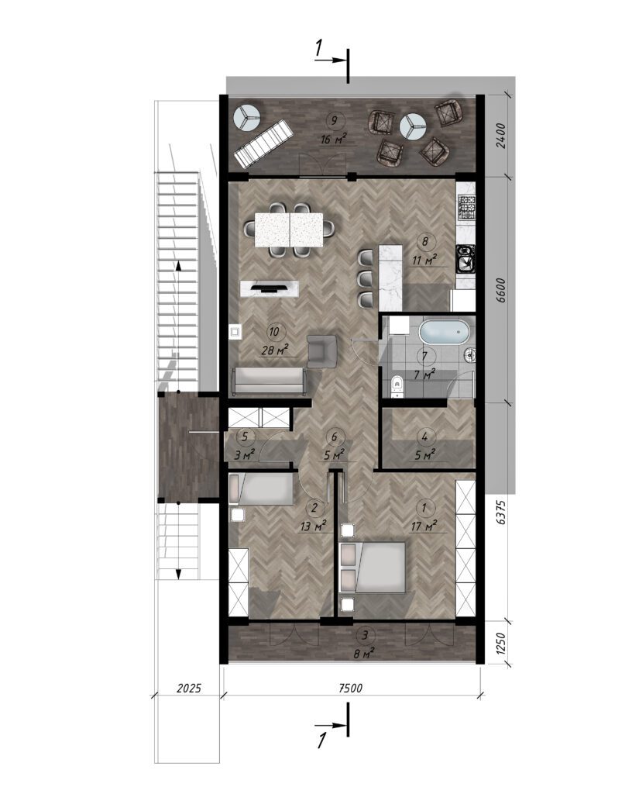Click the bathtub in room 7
(x=444, y=332)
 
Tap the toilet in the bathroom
(x=397, y=386)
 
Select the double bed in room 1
(x=373, y=567)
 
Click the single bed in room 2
(x=261, y=489)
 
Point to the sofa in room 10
(x=269, y=381)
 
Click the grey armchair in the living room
(x=321, y=350)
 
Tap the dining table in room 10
(x=289, y=230)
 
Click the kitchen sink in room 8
(x=466, y=258)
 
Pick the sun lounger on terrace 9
(x=263, y=143)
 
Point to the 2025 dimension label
(x=189, y=689)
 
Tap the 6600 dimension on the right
(x=500, y=291)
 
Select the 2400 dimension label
(x=500, y=136)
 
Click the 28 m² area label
(x=275, y=350)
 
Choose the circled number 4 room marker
(x=424, y=436)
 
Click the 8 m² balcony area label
(x=364, y=653)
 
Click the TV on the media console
(x=268, y=288)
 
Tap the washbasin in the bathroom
(x=470, y=355)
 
